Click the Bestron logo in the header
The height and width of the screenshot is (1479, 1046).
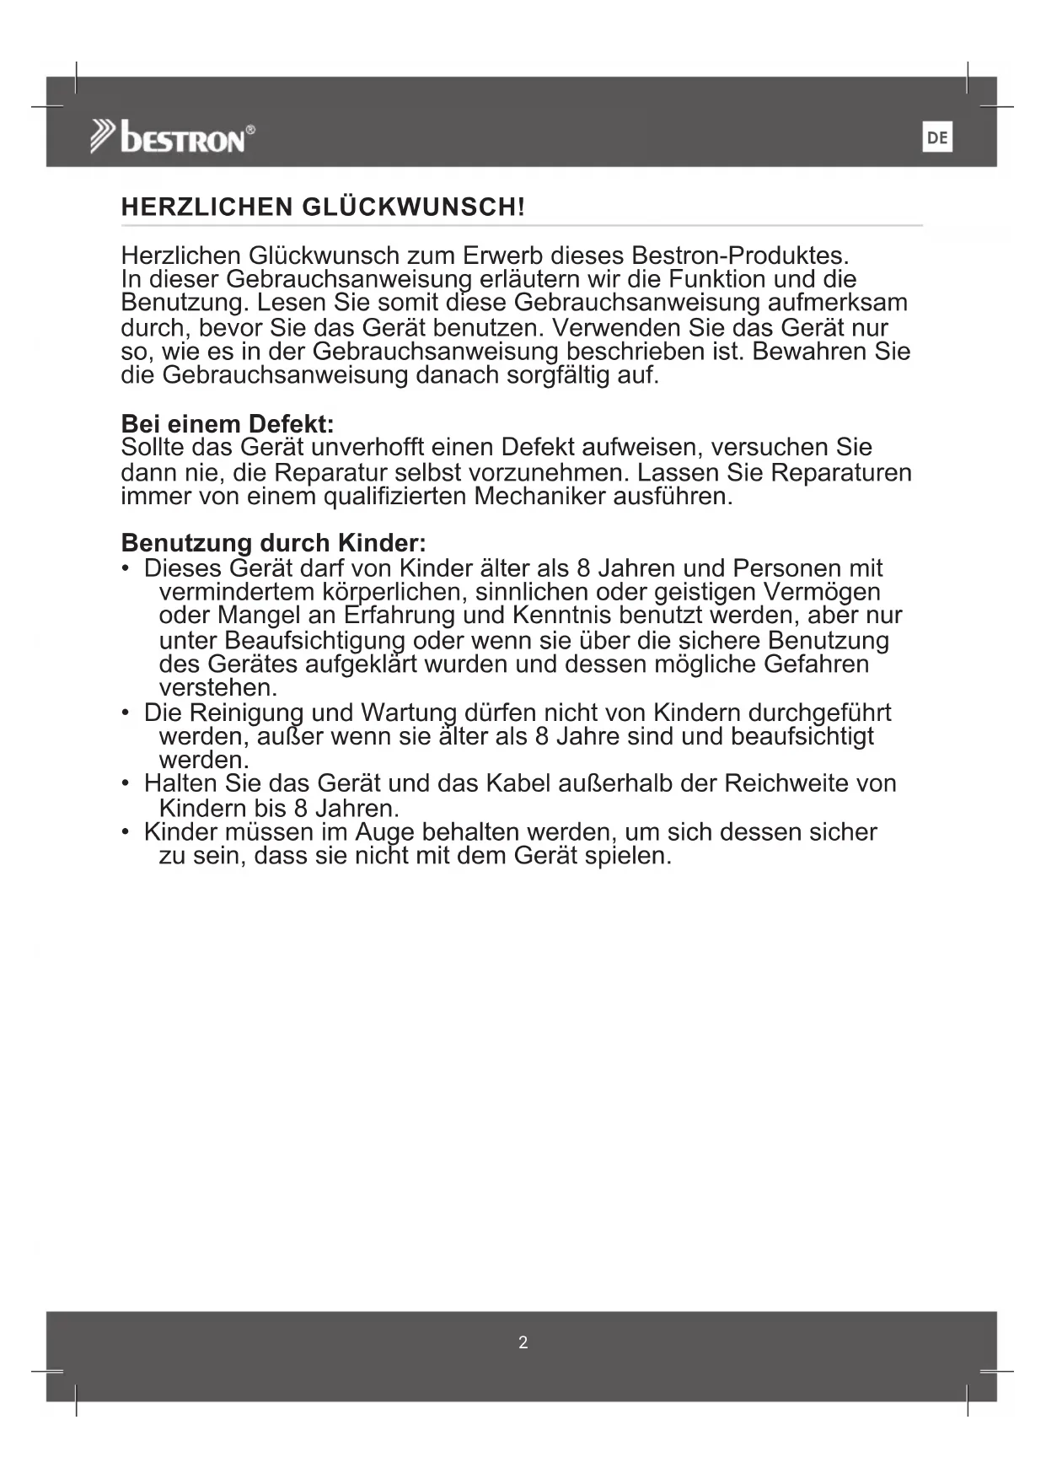tap(173, 137)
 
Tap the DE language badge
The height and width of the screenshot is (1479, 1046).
tap(937, 138)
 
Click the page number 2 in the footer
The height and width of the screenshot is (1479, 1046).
tap(523, 1342)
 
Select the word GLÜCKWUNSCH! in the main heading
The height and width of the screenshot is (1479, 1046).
tap(413, 207)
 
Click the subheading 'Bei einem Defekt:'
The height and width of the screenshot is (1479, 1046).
tap(228, 423)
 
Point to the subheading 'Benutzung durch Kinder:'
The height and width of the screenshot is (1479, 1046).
tap(274, 541)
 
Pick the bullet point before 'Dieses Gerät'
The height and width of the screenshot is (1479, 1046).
tap(126, 569)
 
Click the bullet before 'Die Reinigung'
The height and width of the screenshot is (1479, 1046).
tap(126, 713)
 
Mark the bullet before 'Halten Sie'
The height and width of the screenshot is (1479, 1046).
tap(126, 784)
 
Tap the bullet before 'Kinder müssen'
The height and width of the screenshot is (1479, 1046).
tap(126, 832)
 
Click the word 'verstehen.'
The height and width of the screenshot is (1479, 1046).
tap(217, 687)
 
